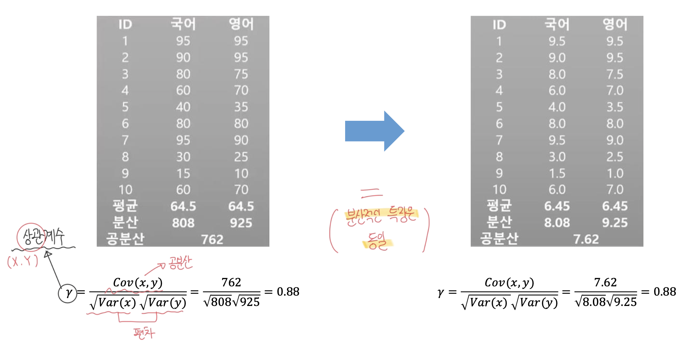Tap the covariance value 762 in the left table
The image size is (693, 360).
(212, 239)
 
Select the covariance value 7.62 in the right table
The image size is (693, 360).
(586, 239)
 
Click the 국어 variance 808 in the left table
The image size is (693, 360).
(183, 223)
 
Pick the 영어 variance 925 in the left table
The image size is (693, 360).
(241, 223)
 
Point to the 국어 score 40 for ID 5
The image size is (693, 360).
(183, 107)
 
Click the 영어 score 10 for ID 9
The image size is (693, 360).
(241, 173)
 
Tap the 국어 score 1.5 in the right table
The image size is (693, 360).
(557, 173)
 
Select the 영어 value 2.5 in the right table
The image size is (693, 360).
(615, 157)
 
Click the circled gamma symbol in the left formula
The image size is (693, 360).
(68, 293)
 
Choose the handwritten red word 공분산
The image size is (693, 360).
(180, 263)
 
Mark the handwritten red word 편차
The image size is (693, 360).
(144, 333)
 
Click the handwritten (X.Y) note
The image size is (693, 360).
(23, 262)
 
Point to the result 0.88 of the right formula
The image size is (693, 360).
(664, 292)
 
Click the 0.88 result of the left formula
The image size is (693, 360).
(288, 292)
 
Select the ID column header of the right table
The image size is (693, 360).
(499, 25)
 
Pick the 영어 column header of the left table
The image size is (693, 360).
(241, 24)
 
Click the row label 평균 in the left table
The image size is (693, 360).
(125, 206)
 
